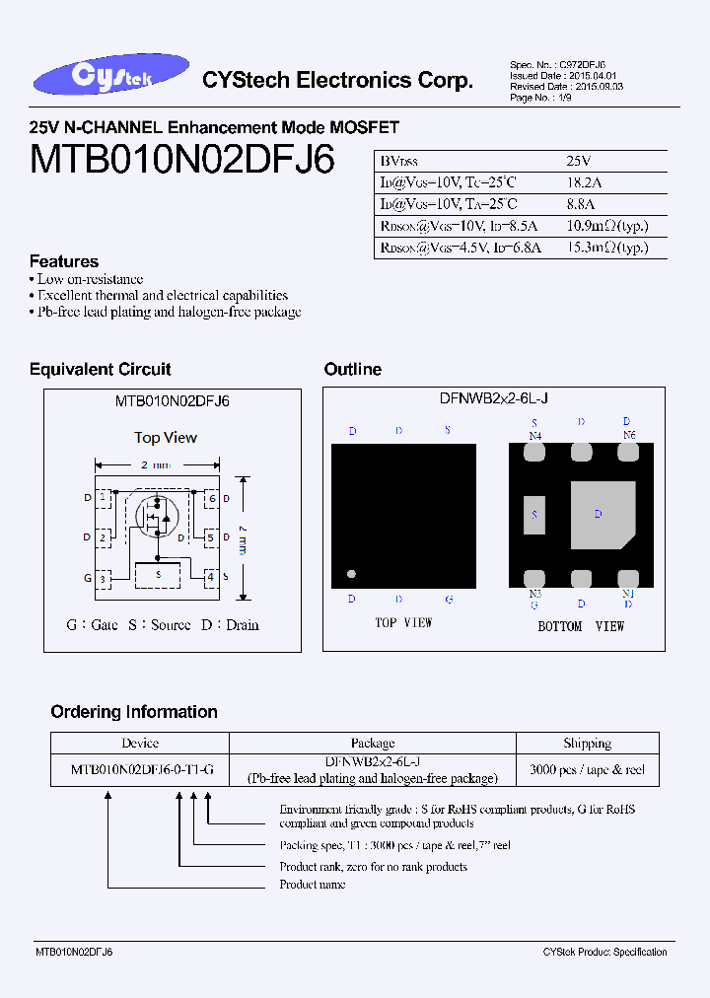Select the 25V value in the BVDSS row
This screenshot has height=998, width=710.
point(579,161)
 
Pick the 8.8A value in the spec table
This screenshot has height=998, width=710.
point(582,204)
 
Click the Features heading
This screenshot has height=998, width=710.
point(64,261)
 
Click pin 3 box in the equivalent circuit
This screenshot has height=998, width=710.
point(103,578)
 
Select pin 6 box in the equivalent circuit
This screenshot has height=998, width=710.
point(210,499)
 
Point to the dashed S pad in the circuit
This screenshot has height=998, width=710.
point(158,573)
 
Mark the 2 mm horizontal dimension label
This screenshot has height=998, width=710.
point(156,464)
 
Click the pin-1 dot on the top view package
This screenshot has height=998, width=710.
point(349,574)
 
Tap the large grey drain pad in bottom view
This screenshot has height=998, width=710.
point(601,514)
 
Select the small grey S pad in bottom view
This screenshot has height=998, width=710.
point(534,514)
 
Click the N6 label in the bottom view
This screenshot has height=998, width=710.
point(629,435)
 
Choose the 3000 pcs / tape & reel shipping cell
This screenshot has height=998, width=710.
point(588,769)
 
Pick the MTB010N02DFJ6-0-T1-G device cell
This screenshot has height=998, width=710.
point(140,769)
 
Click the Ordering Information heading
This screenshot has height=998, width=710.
point(134,712)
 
